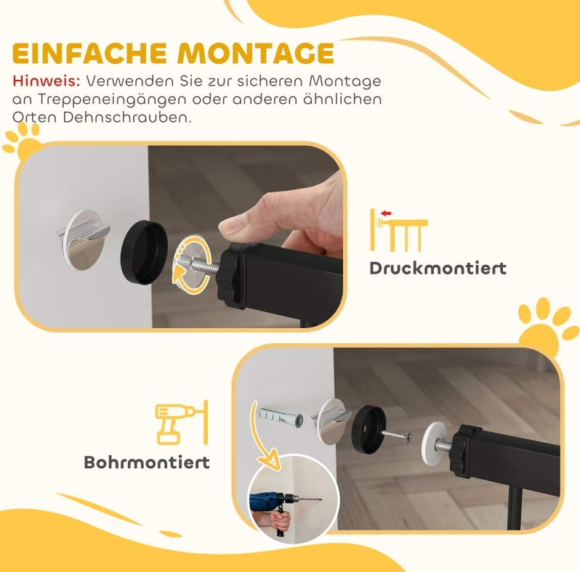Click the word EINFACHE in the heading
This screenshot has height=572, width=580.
tap(89, 54)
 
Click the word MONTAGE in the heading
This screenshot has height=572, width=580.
tap(256, 54)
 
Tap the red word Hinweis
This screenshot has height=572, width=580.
tap(47, 81)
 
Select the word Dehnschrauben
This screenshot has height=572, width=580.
tap(127, 118)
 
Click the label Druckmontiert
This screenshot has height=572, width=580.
tap(438, 269)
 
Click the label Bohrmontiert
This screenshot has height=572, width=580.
tap(147, 462)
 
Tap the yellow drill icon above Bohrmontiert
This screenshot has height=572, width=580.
tap(181, 422)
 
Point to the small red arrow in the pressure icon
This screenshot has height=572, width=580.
tap(386, 213)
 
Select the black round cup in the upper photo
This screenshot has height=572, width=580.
tap(144, 253)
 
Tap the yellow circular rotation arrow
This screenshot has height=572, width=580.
tap(192, 261)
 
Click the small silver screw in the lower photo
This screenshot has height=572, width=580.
tap(397, 435)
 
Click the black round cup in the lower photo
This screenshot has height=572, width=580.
tap(368, 428)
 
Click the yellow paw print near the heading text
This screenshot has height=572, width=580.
tap(23, 142)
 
